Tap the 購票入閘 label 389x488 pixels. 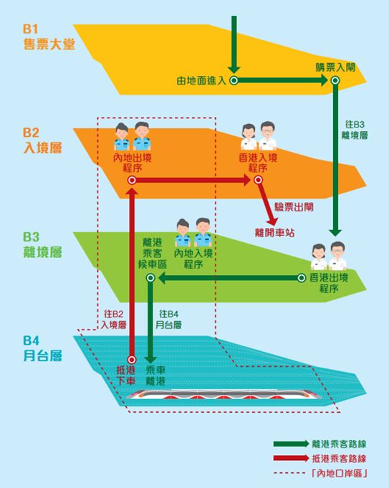pyautogui.click(x=335, y=67)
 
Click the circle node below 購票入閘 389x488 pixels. pyautogui.click(x=335, y=81)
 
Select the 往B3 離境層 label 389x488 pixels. pyautogui.click(x=355, y=129)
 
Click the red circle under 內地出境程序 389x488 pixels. pyautogui.click(x=132, y=182)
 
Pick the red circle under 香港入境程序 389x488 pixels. pyautogui.click(x=257, y=182)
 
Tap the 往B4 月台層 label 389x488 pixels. pyautogui.click(x=170, y=319)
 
